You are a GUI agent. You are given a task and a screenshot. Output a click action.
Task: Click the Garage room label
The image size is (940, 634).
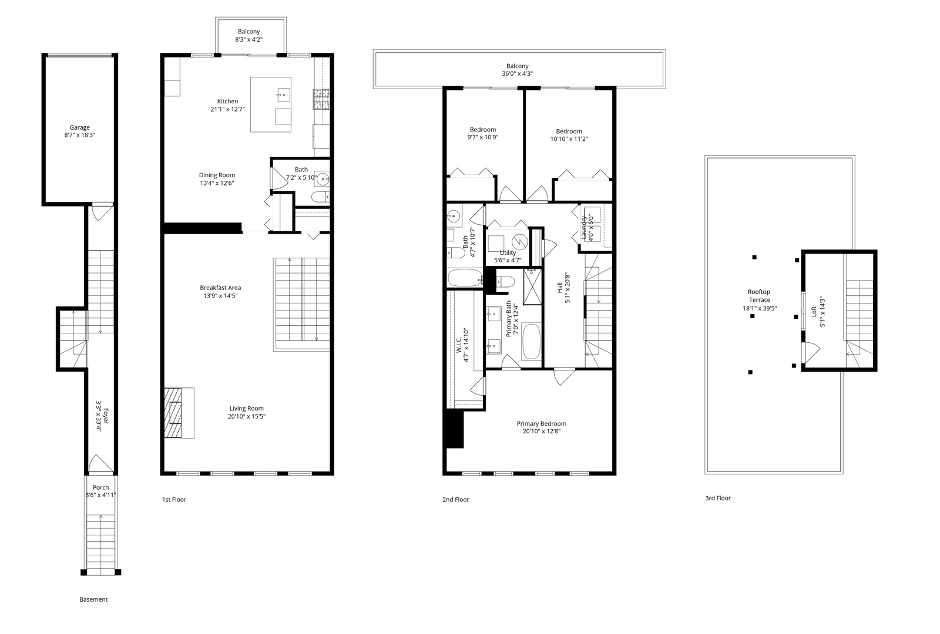[x=80, y=127]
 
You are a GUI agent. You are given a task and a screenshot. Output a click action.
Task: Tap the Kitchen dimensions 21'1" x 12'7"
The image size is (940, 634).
[x=227, y=109]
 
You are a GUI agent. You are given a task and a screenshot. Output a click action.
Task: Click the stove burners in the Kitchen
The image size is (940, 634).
[x=322, y=99]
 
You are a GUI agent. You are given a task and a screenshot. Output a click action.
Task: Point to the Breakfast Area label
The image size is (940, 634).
[x=220, y=288]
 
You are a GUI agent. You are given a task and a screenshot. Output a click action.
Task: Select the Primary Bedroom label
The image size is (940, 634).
[x=541, y=424]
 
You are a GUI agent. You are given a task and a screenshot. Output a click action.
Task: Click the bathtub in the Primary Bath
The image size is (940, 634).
[x=531, y=341]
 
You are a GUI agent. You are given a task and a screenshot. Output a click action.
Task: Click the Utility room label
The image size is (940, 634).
[x=508, y=252]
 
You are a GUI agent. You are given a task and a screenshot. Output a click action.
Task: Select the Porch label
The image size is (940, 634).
[x=100, y=487]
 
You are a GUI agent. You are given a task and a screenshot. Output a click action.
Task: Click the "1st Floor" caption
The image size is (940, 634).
[x=174, y=500]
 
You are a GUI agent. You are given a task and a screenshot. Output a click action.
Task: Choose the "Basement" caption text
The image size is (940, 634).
[x=93, y=599]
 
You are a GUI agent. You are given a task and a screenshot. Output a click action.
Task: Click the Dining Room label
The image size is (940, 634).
[x=217, y=175]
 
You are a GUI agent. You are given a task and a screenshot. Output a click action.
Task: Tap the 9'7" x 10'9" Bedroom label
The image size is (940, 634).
[x=482, y=130]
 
